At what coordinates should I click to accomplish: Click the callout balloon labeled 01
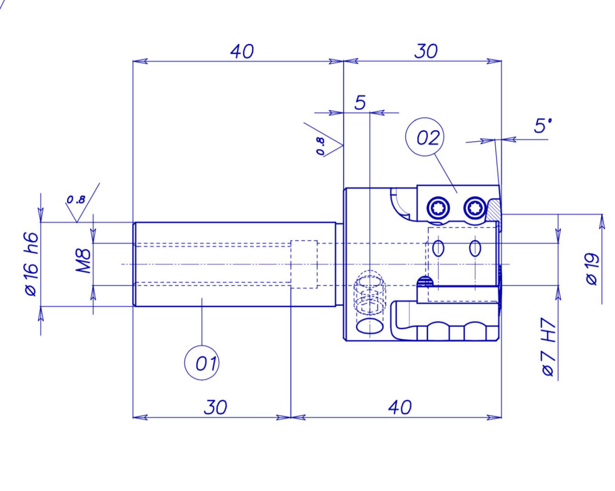202,363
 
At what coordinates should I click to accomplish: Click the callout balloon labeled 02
425,138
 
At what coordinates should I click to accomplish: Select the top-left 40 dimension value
242,51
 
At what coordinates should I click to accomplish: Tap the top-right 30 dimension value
426,51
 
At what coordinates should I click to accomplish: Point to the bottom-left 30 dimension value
215,407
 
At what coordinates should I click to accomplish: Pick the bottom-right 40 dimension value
399,408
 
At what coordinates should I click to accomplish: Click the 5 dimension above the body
360,103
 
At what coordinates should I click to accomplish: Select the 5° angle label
543,126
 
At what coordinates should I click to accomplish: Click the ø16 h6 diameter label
31,264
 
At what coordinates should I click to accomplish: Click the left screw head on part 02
439,208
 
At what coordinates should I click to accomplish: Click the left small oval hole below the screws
438,248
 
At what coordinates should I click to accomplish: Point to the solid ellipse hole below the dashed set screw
370,326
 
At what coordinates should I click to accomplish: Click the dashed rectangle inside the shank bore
305,264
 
